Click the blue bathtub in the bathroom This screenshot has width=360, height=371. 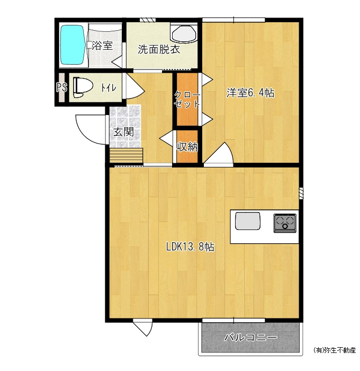tap(73, 45)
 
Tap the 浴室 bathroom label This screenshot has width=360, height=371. tap(102, 46)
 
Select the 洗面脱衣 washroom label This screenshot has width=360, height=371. tap(159, 49)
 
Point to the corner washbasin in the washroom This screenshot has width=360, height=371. tap(184, 33)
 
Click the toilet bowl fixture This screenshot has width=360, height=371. tap(83, 87)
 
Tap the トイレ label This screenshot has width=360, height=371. tap(109, 88)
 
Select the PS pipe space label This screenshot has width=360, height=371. tap(61, 87)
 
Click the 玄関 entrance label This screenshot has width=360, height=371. tap(124, 132)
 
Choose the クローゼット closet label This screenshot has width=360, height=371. tap(187, 100)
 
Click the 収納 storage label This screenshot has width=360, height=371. tap(187, 147)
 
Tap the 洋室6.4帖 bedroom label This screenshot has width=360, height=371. tap(250, 93)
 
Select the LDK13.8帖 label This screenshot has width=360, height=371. tap(190, 247)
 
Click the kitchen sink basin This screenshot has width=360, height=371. tap(247, 221)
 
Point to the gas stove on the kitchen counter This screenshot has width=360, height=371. tap(285, 223)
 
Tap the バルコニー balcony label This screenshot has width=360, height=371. tap(250, 337)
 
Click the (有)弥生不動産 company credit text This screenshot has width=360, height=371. tap(335, 350)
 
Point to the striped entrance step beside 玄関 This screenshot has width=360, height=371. tap(126, 155)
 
